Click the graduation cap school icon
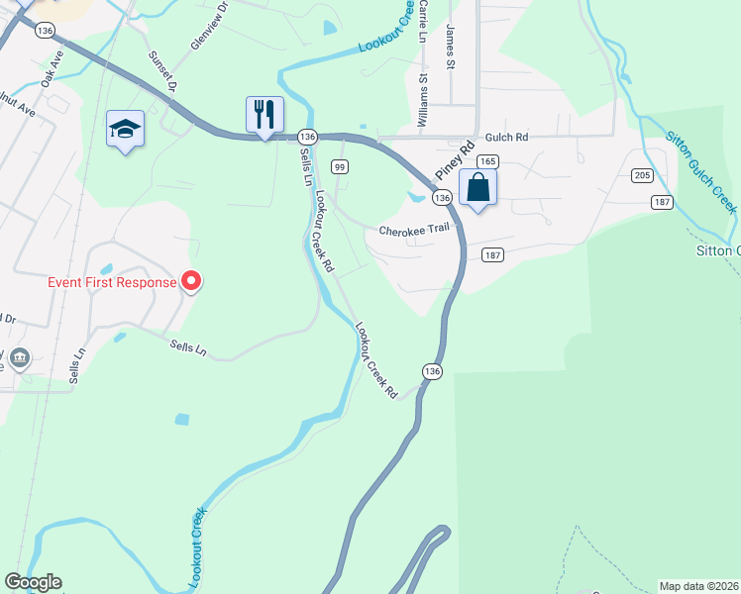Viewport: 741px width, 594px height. (x=125, y=129)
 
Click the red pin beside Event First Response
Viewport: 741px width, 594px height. (x=191, y=282)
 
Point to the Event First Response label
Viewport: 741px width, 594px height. (x=112, y=282)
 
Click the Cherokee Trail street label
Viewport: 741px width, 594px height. (x=414, y=230)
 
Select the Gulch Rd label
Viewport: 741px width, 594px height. (x=506, y=137)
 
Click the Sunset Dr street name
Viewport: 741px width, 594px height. (x=162, y=71)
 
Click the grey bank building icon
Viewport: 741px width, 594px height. (x=19, y=357)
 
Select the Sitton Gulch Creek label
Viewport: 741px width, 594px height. (x=700, y=171)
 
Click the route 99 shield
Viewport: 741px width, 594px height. (x=340, y=167)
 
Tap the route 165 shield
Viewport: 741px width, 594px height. (x=486, y=161)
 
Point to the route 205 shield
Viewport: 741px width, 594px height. (x=640, y=175)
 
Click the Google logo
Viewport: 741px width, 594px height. (x=33, y=582)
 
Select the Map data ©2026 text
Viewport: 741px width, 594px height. (x=699, y=585)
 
